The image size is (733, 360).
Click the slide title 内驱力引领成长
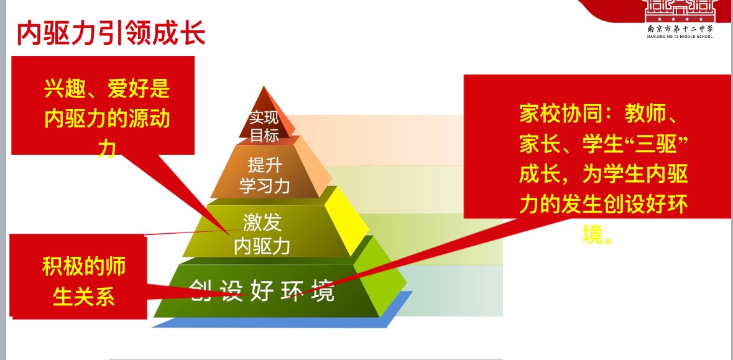pos(111,34)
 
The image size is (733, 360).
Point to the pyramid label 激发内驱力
pos(262,233)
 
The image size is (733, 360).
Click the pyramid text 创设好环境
pos(261,290)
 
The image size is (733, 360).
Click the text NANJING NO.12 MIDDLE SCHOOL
pos(680,36)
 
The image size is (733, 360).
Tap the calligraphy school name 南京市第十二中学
pos(680,28)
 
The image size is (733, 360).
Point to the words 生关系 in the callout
pos(84,297)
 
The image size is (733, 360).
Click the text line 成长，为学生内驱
pos(602,175)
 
